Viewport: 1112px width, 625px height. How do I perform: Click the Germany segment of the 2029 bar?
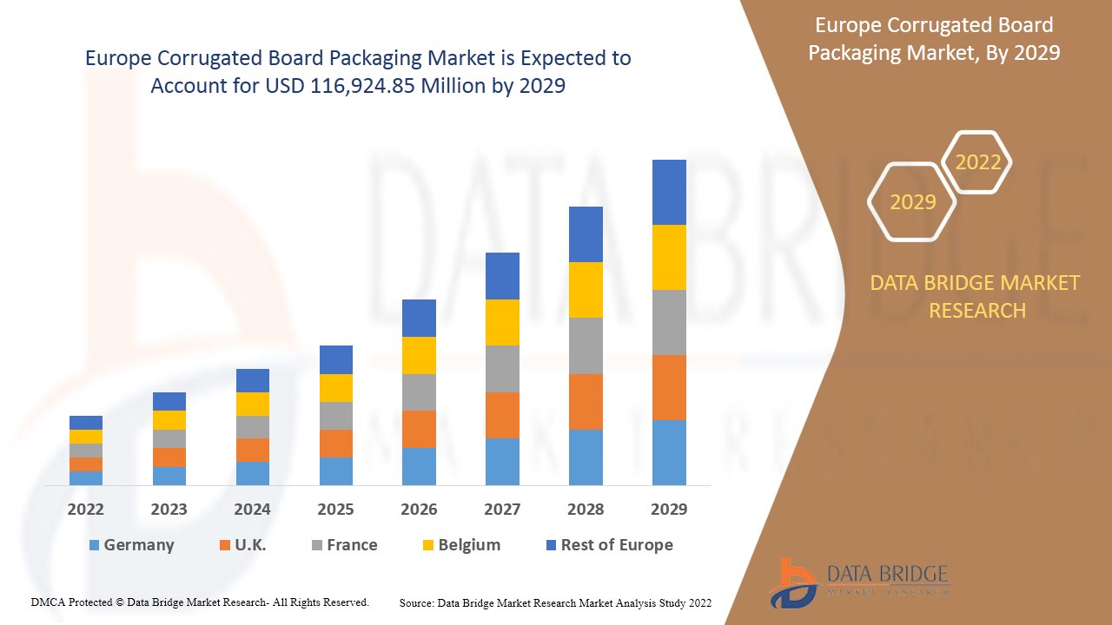point(669,452)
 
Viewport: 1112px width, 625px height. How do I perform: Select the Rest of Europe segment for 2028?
point(586,234)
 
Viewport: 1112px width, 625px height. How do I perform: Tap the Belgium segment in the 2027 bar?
point(502,322)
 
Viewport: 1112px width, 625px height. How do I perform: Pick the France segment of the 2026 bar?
point(419,392)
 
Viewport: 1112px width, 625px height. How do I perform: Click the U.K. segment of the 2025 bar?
point(336,444)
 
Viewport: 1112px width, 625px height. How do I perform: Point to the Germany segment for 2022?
point(86,477)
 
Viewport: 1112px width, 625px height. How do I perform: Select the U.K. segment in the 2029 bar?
point(669,387)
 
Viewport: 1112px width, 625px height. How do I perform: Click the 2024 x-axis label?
point(253,510)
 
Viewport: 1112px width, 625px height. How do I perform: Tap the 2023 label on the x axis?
point(169,510)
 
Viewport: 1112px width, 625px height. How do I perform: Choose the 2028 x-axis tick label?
point(586,510)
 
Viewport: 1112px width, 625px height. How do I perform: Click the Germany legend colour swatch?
point(94,546)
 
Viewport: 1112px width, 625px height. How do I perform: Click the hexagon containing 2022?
point(977,162)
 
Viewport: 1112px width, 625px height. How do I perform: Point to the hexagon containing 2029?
point(912,202)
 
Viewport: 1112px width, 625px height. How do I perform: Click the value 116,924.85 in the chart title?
point(366,86)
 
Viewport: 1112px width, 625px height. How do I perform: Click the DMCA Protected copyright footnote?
point(200,602)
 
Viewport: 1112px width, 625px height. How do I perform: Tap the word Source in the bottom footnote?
point(416,602)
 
